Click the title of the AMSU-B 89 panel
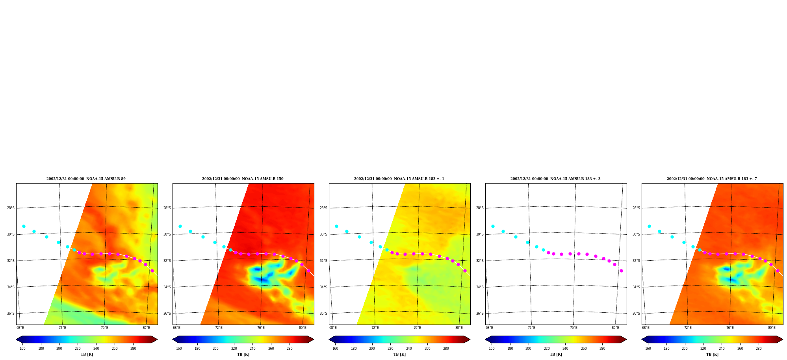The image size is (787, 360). click(x=86, y=179)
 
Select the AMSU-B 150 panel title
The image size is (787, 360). click(x=243, y=179)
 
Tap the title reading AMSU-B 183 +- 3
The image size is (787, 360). click(x=555, y=179)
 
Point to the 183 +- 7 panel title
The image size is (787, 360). click(x=712, y=179)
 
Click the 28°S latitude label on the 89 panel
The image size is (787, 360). click(x=11, y=208)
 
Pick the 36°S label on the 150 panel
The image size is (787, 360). click(x=167, y=314)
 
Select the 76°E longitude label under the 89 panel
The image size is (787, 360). click(x=104, y=328)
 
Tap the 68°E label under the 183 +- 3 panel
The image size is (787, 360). click(x=489, y=328)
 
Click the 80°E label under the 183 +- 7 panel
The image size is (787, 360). click(x=772, y=328)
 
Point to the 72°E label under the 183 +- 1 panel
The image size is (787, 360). click(x=375, y=328)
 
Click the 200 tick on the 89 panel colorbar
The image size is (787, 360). click(x=59, y=349)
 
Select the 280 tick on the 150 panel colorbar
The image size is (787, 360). click(x=290, y=349)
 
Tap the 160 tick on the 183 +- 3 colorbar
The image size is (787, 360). click(x=492, y=349)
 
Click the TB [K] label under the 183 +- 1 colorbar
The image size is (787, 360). click(x=399, y=354)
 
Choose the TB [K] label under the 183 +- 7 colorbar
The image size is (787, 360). click(x=712, y=354)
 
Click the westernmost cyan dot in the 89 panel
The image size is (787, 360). click(x=24, y=226)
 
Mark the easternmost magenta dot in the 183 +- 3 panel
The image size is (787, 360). click(x=621, y=271)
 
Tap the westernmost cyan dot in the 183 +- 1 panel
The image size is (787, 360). click(x=336, y=226)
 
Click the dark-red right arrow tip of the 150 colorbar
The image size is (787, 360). click(x=314, y=340)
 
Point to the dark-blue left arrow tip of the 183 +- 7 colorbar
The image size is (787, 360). click(x=642, y=340)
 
